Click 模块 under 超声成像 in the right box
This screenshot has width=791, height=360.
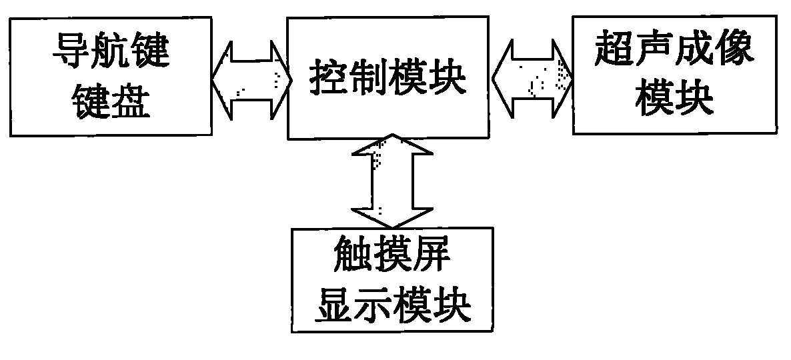click(674, 100)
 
